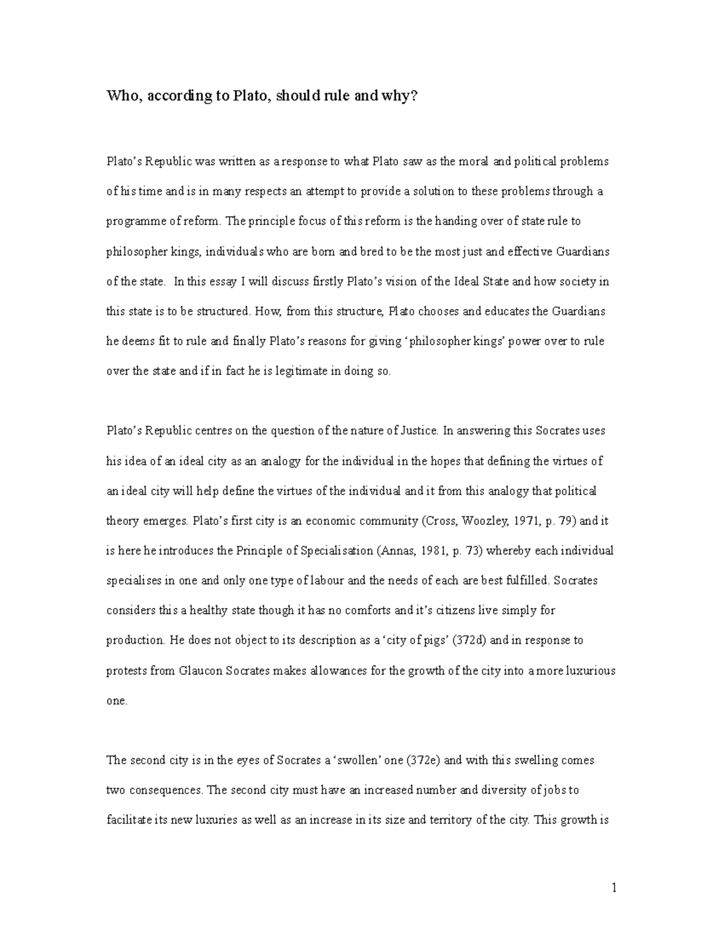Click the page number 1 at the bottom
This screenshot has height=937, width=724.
[x=614, y=888]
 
